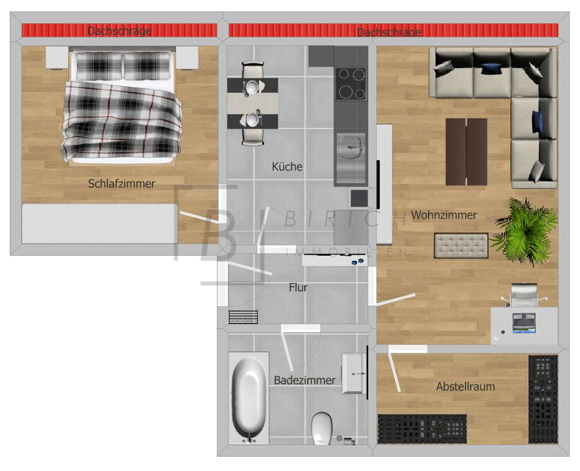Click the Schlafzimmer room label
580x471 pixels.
tap(121, 184)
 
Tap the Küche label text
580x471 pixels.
tap(287, 166)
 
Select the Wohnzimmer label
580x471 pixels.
tap(444, 215)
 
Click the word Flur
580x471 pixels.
tap(298, 287)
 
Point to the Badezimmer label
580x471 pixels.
tap(304, 380)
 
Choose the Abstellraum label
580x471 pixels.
tap(465, 386)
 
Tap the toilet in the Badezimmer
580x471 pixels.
tap(321, 428)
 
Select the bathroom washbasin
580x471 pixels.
tap(354, 374)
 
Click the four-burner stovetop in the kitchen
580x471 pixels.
tap(350, 84)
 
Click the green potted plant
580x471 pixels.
tap(525, 230)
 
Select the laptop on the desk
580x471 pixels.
tap(524, 324)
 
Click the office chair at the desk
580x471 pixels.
tap(524, 295)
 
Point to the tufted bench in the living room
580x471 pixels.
tap(460, 246)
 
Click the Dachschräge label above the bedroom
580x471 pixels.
tap(119, 31)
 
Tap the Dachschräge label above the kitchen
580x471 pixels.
tap(389, 32)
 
